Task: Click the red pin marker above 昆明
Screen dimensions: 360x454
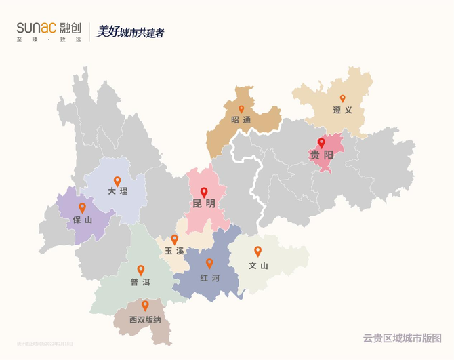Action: (204, 192)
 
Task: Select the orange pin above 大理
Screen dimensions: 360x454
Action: (117, 181)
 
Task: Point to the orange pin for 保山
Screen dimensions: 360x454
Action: (82, 207)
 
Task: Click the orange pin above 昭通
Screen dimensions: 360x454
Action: (241, 108)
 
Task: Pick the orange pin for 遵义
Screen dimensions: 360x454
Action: (343, 98)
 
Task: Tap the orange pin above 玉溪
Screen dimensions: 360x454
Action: (174, 239)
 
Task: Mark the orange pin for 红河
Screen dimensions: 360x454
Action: (209, 263)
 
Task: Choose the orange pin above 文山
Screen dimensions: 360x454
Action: (258, 251)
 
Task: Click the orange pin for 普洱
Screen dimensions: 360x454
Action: (140, 269)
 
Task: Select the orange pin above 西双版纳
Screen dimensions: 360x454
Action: (145, 305)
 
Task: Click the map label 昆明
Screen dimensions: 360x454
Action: (204, 203)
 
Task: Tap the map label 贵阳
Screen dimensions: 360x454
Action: (322, 155)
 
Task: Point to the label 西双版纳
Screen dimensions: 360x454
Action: (145, 319)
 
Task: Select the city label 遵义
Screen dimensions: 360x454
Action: (343, 110)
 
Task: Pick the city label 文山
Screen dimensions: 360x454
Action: (258, 265)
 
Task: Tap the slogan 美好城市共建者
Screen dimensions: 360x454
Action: (131, 32)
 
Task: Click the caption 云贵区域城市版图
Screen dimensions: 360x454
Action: (402, 337)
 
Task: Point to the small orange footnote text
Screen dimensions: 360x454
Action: (45, 344)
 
